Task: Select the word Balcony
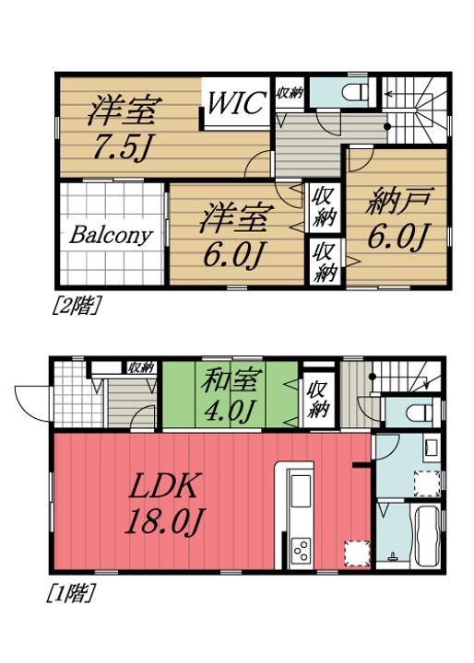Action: click(x=110, y=234)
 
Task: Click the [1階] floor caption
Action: click(x=70, y=594)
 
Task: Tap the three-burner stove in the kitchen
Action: click(x=302, y=551)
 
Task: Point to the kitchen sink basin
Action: click(x=302, y=497)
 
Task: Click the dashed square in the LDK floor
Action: click(x=355, y=552)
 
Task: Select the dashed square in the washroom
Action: click(x=426, y=481)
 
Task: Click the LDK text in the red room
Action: click(x=164, y=485)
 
